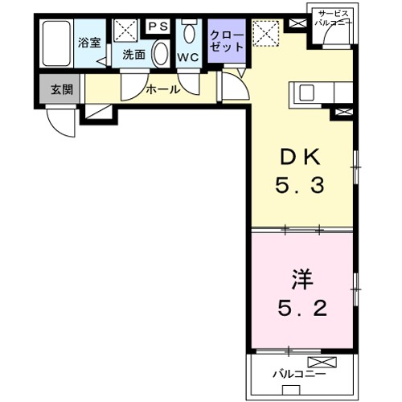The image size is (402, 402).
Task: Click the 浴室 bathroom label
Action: pyautogui.click(x=88, y=43)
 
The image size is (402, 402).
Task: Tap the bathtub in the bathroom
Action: pyautogui.click(x=56, y=45)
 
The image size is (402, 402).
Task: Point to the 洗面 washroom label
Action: pyautogui.click(x=133, y=55)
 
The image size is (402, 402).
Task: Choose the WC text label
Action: pyautogui.click(x=188, y=58)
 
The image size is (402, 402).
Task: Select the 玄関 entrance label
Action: pyautogui.click(x=60, y=89)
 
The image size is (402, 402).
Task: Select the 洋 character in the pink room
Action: pyautogui.click(x=301, y=281)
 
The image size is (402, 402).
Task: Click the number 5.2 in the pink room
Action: pyautogui.click(x=301, y=310)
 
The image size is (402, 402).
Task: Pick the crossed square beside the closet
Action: pyautogui.click(x=265, y=34)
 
